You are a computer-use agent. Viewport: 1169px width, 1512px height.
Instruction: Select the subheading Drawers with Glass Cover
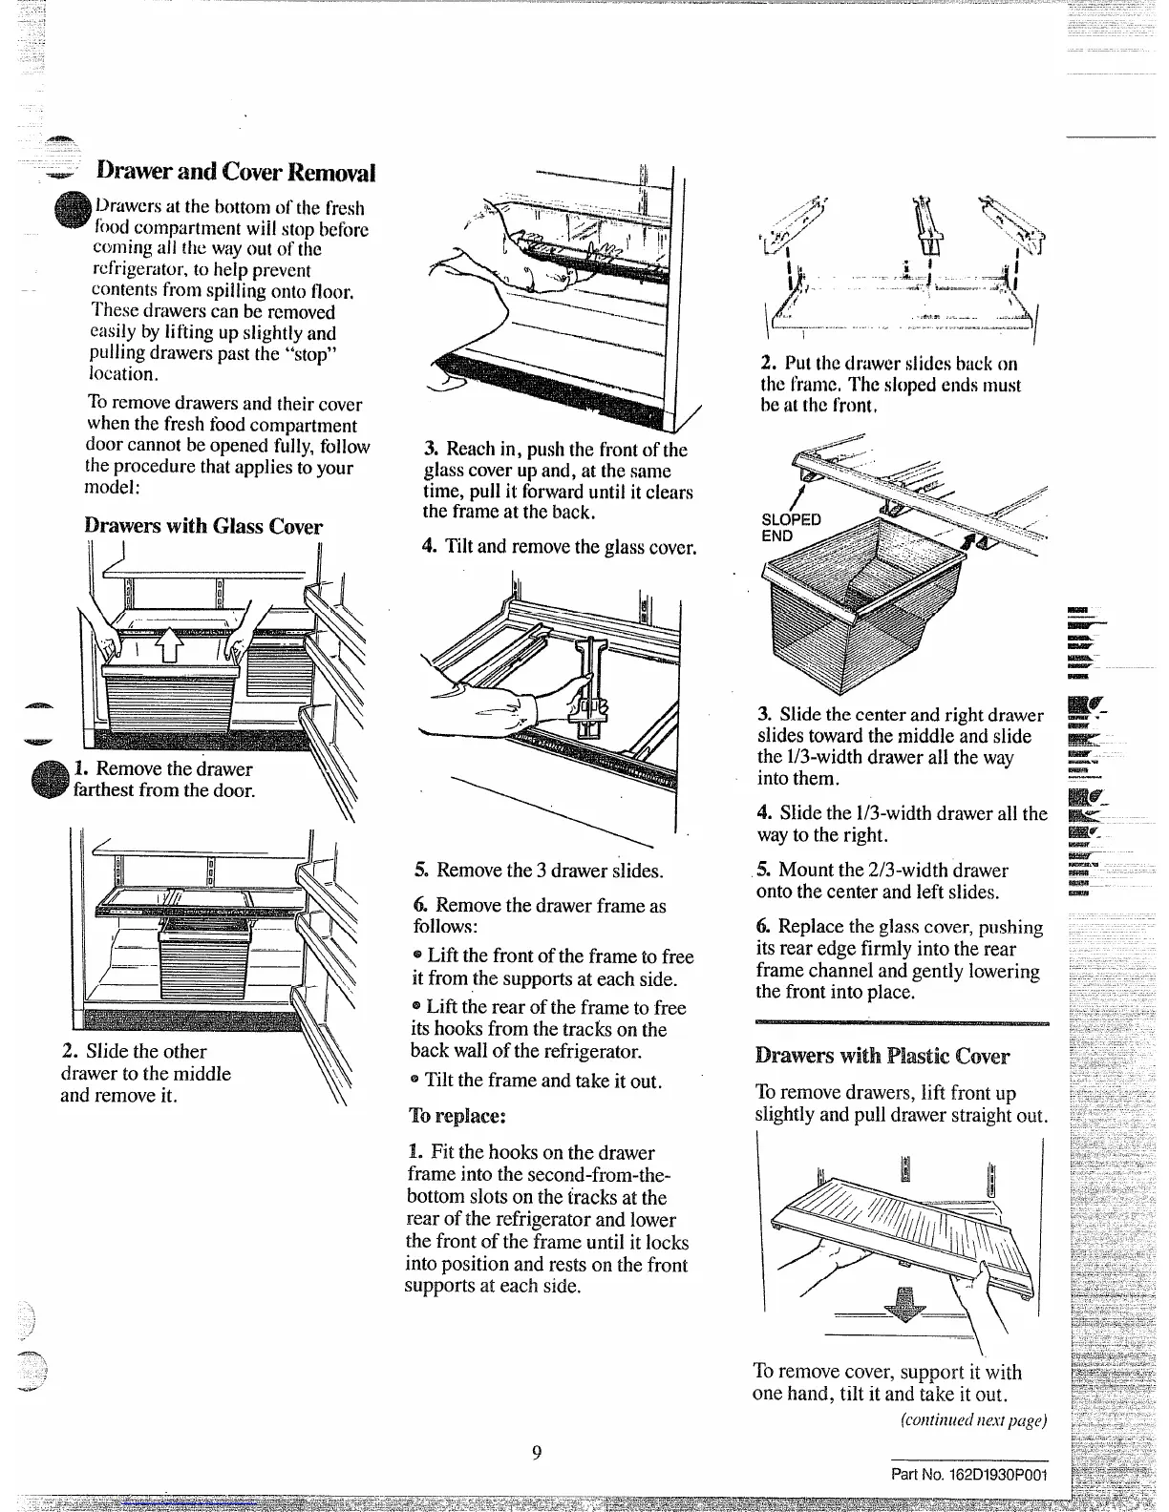[203, 526]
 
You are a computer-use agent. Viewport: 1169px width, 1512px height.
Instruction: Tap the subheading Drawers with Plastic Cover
[882, 1056]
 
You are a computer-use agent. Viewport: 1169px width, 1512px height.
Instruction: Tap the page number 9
[537, 1452]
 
